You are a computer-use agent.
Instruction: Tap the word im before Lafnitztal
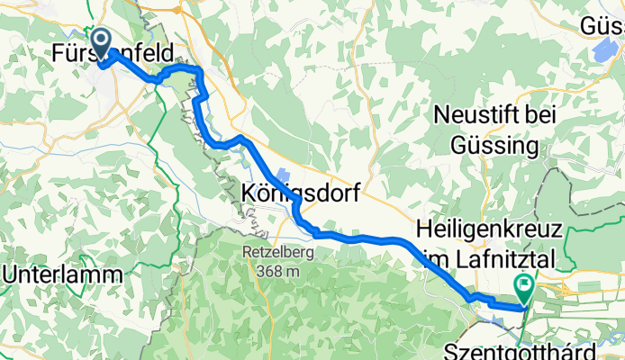[434, 259]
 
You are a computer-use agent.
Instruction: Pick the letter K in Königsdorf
[251, 193]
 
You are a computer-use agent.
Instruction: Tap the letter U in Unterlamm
[12, 274]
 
